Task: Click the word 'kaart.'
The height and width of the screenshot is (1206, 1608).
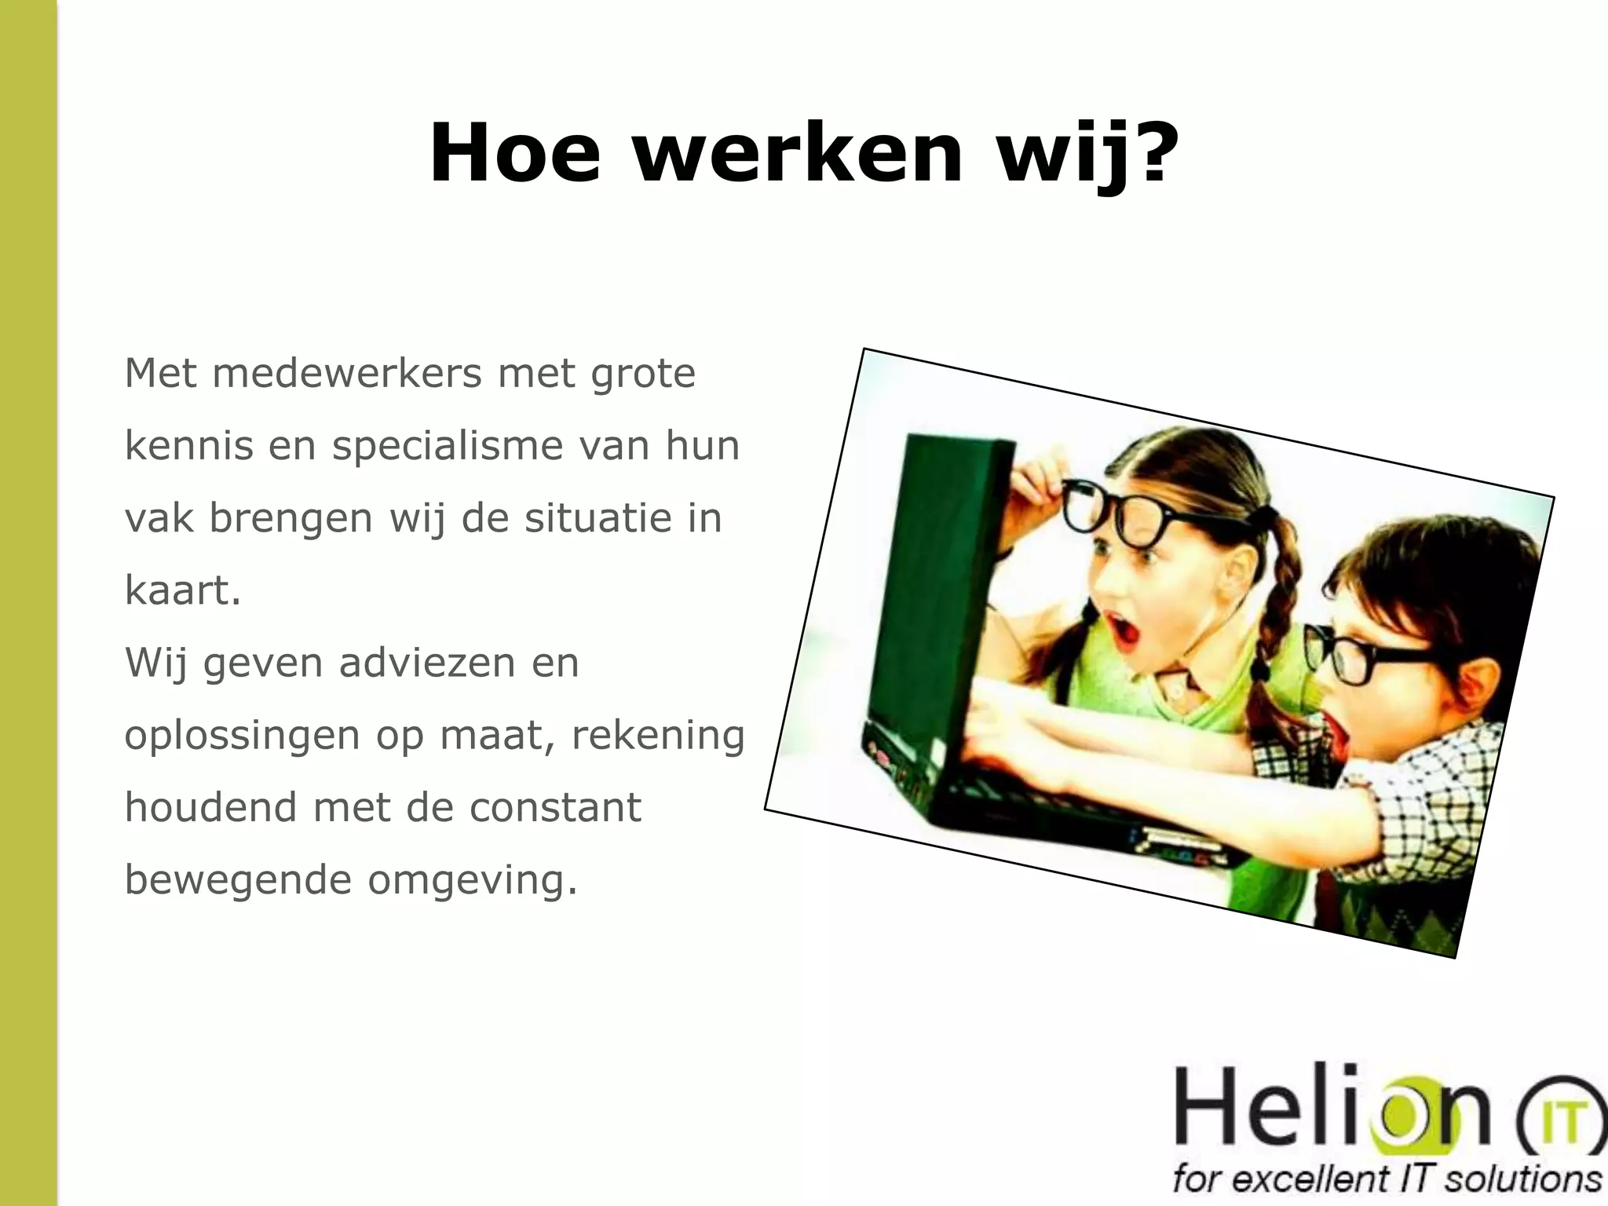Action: coord(182,591)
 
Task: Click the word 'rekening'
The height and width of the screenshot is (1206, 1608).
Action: coord(657,736)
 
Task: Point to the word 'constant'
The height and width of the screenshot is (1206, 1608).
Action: coord(555,808)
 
